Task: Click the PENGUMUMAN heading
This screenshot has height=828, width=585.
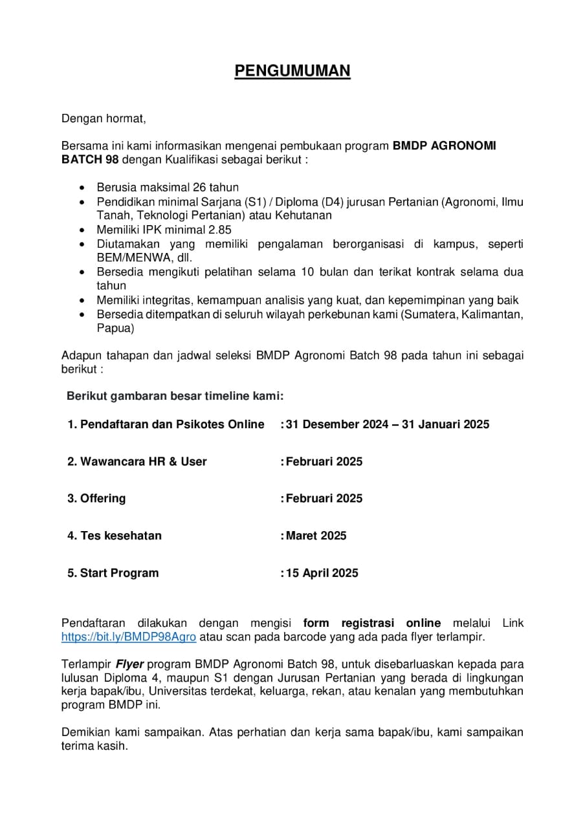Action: point(292,71)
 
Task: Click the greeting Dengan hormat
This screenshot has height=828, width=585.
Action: point(104,118)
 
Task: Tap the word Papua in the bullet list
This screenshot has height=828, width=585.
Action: point(115,328)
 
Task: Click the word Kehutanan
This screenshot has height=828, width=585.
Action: point(302,215)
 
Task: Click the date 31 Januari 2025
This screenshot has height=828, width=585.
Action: point(445,424)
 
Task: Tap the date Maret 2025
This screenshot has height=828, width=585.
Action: point(316,536)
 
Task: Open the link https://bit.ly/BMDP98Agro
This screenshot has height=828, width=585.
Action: point(128,637)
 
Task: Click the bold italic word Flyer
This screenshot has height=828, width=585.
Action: point(129,664)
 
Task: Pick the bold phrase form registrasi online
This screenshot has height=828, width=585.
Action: point(372,623)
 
